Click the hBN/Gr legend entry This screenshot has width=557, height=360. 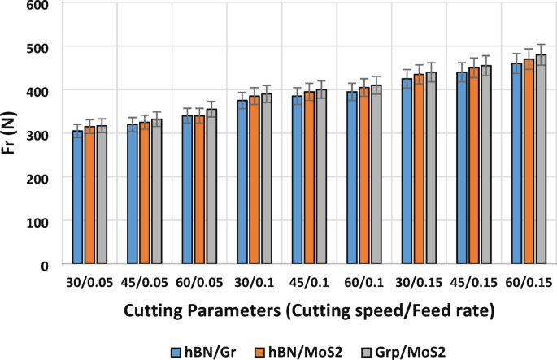pyautogui.click(x=199, y=351)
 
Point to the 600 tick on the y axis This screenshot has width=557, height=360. pyautogui.click(x=36, y=5)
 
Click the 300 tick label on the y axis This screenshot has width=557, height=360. pyautogui.click(x=36, y=134)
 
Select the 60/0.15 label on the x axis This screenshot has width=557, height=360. pyautogui.click(x=529, y=282)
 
